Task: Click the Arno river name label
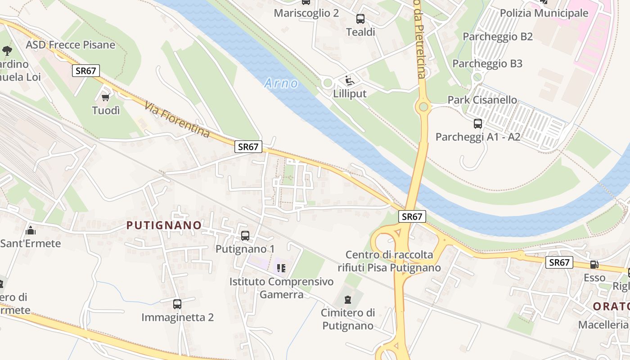(281, 83)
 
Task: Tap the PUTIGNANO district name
(164, 225)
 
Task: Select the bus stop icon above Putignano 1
(245, 235)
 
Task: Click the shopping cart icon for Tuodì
(106, 97)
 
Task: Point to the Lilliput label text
(350, 94)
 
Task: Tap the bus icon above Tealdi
(360, 19)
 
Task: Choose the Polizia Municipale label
(544, 13)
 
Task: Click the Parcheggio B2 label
(498, 36)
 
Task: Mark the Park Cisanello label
(482, 100)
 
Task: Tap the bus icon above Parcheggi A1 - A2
(478, 123)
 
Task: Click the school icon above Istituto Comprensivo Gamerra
(281, 268)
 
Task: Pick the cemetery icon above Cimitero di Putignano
(347, 299)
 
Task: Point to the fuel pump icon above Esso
(594, 265)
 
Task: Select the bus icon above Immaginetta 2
(177, 304)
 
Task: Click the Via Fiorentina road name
(177, 120)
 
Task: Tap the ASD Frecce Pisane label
(71, 45)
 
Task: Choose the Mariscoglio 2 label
(306, 13)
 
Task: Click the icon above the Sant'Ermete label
(31, 231)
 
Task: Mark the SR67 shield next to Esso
(559, 262)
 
